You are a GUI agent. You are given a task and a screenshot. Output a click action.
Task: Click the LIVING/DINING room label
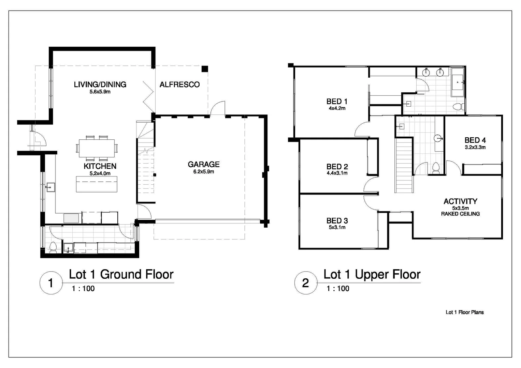coord(100,84)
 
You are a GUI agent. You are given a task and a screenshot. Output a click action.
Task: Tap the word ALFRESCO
coord(179,84)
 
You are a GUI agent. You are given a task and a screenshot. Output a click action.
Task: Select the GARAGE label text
coord(204,164)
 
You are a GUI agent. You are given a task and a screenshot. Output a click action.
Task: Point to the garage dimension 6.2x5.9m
coord(204,172)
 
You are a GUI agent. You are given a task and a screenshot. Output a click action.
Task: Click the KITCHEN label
coord(100,166)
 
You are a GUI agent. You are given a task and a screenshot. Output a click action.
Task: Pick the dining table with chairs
coord(97,148)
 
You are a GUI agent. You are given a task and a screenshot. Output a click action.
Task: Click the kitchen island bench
coord(97,184)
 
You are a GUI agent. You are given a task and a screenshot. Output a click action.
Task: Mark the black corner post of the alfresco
coord(204,69)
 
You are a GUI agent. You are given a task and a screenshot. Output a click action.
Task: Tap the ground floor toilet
coord(53,247)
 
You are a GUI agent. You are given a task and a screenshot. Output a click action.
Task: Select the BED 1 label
coord(337,101)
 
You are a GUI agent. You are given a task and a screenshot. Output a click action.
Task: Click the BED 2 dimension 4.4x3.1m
coord(337,173)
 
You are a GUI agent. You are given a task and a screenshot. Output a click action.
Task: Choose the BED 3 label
coord(337,220)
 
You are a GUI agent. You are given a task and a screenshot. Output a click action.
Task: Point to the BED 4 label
coord(475,140)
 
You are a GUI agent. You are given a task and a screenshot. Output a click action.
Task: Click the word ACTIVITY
coord(460,201)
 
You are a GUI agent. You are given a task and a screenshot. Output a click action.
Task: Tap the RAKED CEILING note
coord(460,214)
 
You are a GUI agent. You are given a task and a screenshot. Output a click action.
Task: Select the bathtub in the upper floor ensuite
coord(458,82)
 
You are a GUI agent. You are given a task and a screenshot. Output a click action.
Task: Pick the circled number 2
coord(305,283)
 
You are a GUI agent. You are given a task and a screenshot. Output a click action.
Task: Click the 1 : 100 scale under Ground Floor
coord(83,289)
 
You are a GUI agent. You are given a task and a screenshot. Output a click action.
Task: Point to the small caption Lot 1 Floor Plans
coord(464,312)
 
